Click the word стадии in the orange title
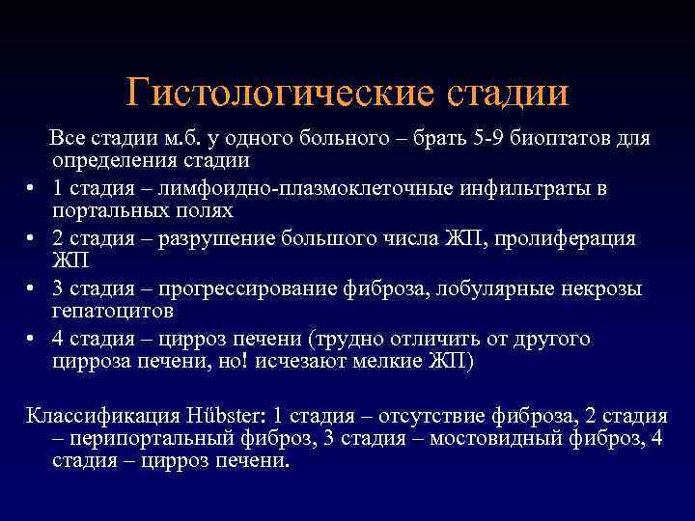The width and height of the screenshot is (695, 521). point(507,94)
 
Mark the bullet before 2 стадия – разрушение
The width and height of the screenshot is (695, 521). point(31,238)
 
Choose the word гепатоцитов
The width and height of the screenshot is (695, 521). point(114,312)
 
